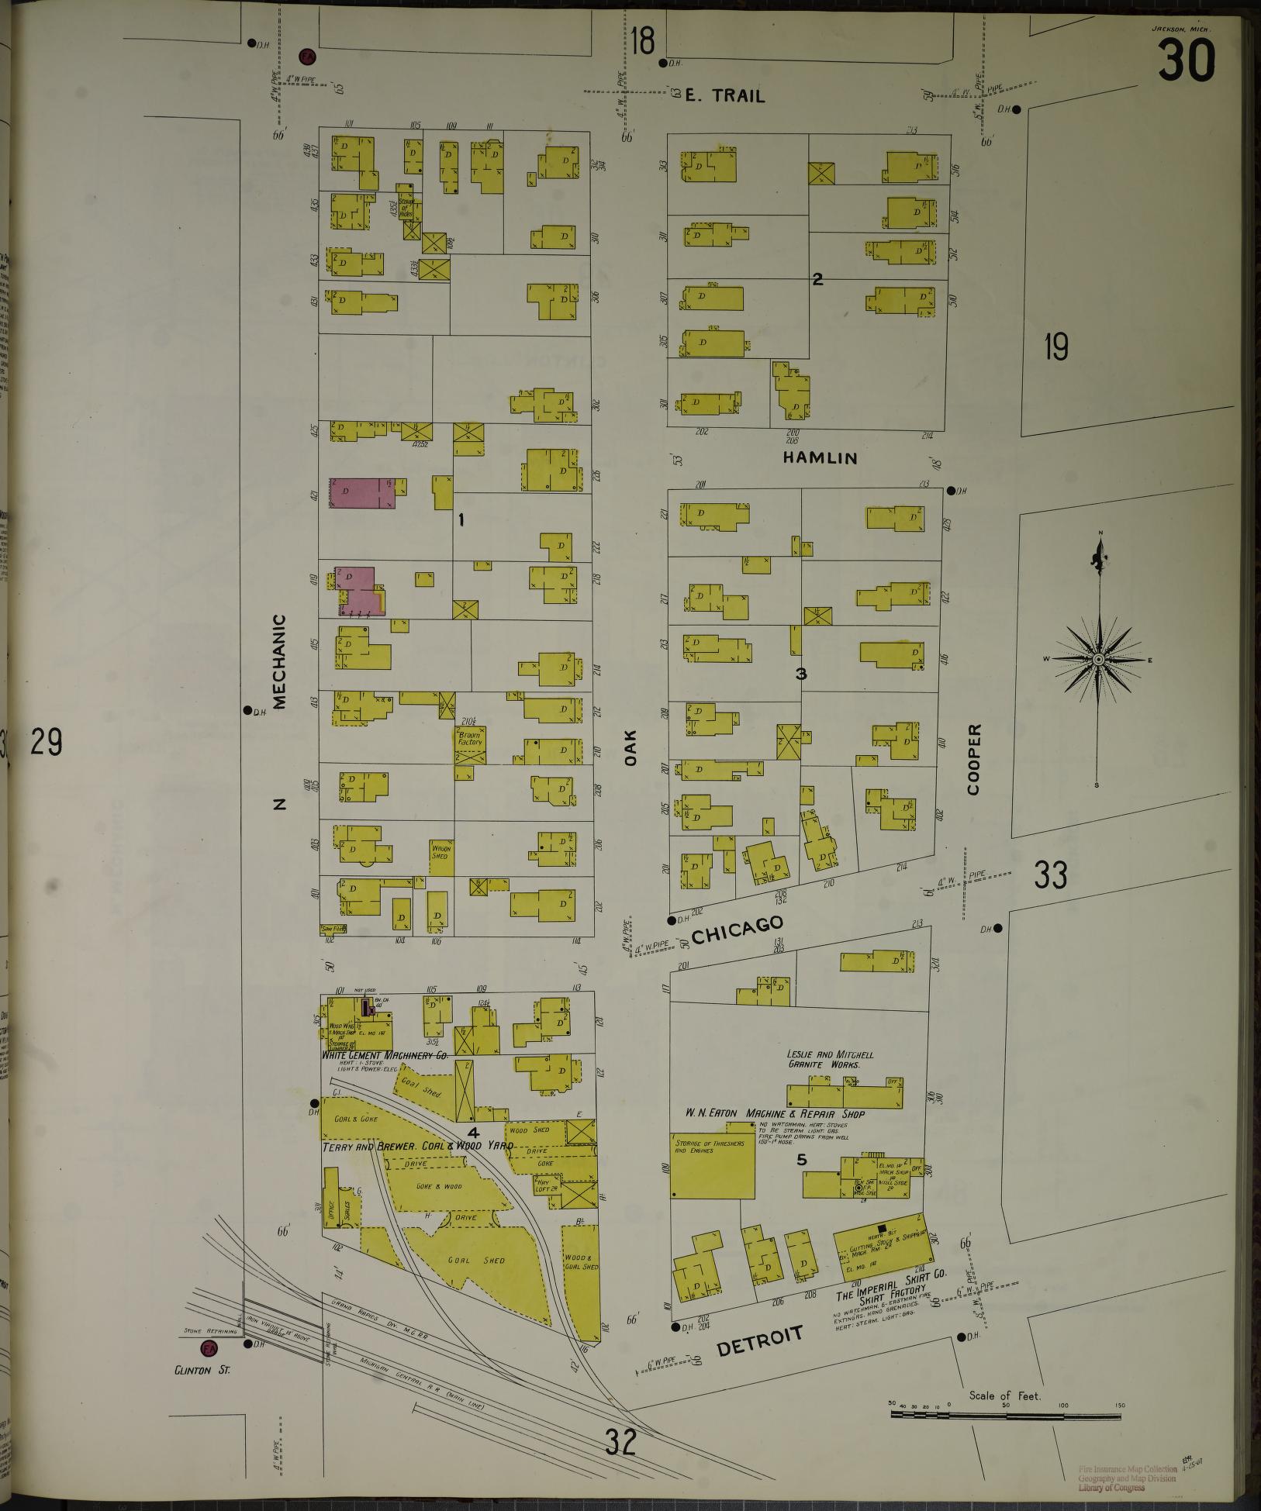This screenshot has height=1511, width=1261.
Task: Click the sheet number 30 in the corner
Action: point(1186,60)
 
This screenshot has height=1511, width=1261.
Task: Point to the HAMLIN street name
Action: point(820,458)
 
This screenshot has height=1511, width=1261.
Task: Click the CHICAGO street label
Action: point(736,929)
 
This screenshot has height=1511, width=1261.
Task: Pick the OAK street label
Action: point(630,748)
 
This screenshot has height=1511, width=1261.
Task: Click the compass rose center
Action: point(1098,659)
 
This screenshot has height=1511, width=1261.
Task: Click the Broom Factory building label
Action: point(470,738)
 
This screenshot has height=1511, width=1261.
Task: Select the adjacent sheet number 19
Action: point(1055,347)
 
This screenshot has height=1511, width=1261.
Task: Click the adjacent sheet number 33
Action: point(1051,876)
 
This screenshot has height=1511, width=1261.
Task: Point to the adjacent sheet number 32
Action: point(620,1442)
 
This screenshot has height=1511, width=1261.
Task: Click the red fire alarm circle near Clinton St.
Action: point(209,1350)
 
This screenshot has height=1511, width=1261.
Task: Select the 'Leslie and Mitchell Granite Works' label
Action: point(830,1060)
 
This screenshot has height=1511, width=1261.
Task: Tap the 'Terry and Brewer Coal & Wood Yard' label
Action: point(418,1146)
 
